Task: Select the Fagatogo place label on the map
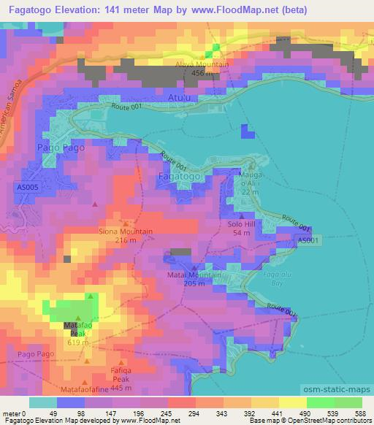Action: (x=178, y=176)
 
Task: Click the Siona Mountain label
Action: (x=126, y=231)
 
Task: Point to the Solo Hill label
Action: (x=240, y=223)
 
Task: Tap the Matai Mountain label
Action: (x=194, y=275)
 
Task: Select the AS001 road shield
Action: (x=308, y=240)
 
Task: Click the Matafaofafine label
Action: (x=88, y=390)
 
